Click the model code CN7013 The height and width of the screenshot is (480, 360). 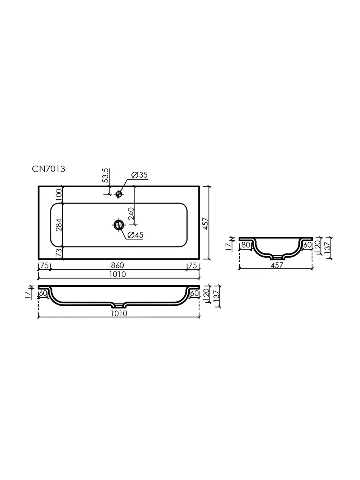tap(48, 169)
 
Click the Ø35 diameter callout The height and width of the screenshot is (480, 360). tap(140, 175)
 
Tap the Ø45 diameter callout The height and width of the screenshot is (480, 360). tap(135, 235)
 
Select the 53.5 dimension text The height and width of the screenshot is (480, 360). tap(105, 175)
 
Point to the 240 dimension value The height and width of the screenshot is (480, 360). tap(131, 214)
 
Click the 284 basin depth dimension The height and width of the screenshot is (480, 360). tap(59, 225)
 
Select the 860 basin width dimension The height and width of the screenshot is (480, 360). tap(117, 265)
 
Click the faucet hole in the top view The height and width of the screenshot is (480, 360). tap(119, 194)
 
